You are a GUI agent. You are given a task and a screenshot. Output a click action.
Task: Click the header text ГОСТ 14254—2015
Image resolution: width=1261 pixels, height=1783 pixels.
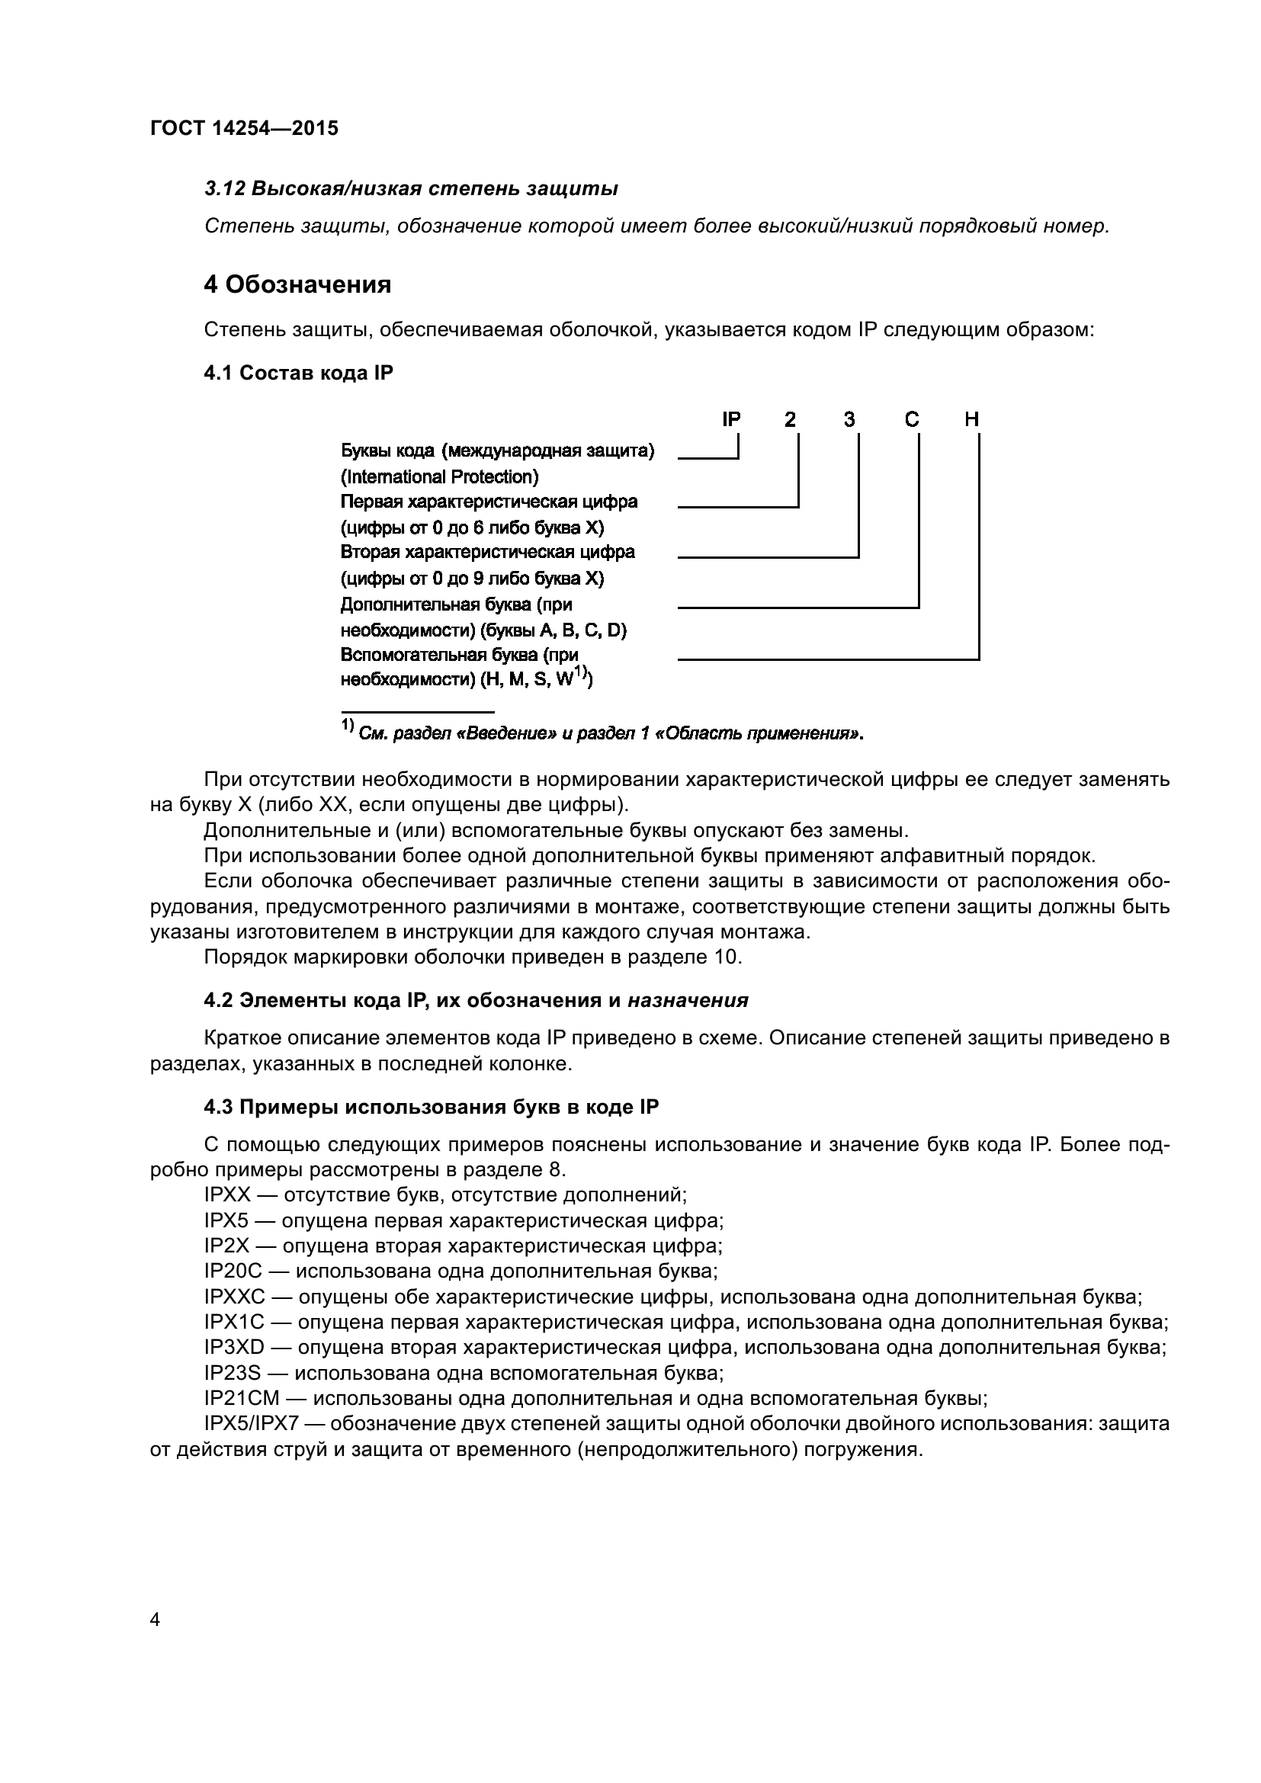coord(244,128)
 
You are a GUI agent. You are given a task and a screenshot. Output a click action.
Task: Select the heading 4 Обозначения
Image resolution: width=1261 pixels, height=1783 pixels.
coord(297,285)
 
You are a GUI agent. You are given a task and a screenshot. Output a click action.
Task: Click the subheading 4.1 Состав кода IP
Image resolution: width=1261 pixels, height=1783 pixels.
coord(298,373)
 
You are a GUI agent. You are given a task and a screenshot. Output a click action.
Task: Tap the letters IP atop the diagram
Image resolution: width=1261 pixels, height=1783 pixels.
coord(731,419)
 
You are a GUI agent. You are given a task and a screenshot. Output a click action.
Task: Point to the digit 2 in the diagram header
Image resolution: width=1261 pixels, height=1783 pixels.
coord(790,419)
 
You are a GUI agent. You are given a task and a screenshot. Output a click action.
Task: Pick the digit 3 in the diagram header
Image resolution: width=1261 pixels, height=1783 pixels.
coord(849,419)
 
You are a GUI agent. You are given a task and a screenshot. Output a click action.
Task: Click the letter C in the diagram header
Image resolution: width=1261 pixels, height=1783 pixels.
coord(912,419)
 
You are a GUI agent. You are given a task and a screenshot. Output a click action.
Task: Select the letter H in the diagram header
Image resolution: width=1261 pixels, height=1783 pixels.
coord(971,419)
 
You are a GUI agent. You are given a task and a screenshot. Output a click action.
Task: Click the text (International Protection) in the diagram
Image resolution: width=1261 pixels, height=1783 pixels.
coord(439,476)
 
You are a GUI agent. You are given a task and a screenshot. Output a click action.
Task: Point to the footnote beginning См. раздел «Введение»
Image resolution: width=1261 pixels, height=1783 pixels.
coord(611,734)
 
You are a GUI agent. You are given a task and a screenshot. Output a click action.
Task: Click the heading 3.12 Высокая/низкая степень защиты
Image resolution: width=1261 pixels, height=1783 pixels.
coord(411,189)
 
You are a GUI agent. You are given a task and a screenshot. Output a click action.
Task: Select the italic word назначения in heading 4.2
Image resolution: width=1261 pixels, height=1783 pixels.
coord(688,1000)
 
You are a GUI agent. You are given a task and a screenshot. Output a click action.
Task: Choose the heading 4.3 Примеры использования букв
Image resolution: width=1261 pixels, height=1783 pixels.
coord(431,1107)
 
